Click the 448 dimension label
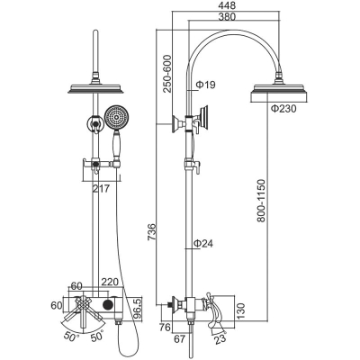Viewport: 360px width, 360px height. coord(228,5)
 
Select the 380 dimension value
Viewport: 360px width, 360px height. coord(228,16)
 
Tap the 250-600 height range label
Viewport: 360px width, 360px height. coord(166,74)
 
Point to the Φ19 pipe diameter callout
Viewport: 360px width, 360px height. coord(205,85)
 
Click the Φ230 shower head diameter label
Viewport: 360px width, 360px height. coord(283,109)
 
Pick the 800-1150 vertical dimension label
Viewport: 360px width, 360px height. coord(261,201)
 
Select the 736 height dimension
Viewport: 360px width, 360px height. coord(152,232)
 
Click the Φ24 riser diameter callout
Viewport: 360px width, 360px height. coord(203,243)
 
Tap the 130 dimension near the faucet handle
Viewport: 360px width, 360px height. coord(241,310)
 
